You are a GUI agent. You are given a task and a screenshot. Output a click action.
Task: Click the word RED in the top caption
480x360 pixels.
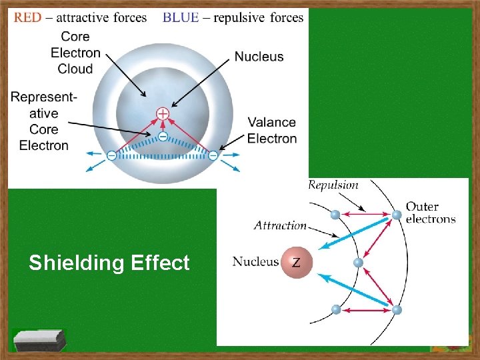point(27,17)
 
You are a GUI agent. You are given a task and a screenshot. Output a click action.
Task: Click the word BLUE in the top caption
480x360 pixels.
point(181,17)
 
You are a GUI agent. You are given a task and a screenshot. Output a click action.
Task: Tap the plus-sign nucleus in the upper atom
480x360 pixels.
point(163,114)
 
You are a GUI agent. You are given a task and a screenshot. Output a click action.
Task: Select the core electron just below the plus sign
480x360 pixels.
point(163,135)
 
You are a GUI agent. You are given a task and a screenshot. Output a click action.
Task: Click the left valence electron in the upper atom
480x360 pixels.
point(111,155)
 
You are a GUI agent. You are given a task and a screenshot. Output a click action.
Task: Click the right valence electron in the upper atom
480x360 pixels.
point(213,155)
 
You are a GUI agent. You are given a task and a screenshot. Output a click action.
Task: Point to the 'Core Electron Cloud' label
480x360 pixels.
point(75,53)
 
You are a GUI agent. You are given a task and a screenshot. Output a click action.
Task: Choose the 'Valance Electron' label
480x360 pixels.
point(271,130)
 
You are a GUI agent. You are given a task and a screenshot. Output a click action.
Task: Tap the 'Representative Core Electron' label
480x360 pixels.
point(44,121)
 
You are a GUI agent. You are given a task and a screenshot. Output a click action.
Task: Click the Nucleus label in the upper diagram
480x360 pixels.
point(259,57)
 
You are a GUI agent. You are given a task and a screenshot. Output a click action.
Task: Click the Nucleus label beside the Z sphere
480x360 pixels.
point(255,261)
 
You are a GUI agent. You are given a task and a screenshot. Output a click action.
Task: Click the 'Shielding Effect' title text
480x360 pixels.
point(109,263)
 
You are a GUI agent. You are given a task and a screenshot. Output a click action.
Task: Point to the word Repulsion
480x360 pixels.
point(333,185)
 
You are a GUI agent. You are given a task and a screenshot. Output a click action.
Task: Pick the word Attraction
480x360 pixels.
point(280,225)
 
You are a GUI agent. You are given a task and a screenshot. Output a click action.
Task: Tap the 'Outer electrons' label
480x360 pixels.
point(430,213)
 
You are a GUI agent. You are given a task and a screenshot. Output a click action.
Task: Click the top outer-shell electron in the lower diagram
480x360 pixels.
point(397,215)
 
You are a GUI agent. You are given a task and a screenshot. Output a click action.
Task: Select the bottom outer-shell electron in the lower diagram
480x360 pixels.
point(397,310)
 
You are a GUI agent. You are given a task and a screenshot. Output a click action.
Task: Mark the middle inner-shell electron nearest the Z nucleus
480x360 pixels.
point(358,263)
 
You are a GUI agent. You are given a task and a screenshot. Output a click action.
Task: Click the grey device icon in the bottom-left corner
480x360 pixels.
point(40,340)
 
